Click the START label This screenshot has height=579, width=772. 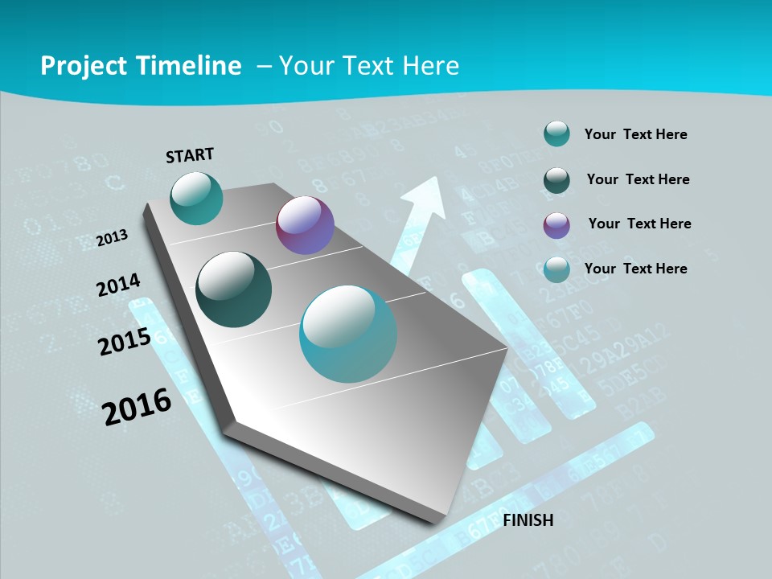(x=190, y=154)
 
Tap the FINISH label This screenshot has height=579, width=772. (x=528, y=520)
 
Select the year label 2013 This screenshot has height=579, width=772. (x=113, y=238)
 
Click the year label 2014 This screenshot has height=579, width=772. (x=119, y=285)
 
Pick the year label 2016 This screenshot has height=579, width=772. (x=138, y=406)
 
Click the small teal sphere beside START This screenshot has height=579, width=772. (x=196, y=198)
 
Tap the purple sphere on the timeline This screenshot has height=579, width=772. (x=305, y=225)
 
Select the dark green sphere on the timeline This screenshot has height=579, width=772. (x=234, y=289)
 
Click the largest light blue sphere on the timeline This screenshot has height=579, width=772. (x=348, y=334)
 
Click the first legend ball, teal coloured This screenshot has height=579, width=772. (x=556, y=134)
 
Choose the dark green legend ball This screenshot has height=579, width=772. (x=556, y=180)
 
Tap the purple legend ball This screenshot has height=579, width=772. (x=556, y=225)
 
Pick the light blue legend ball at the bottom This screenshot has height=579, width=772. (x=556, y=269)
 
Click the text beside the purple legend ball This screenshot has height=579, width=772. (x=639, y=224)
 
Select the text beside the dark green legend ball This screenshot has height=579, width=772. (x=638, y=179)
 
